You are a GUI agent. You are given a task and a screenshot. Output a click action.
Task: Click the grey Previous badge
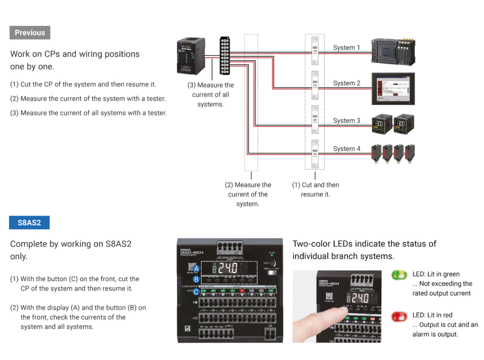point(30,33)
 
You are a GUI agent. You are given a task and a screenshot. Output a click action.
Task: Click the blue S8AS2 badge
point(29,223)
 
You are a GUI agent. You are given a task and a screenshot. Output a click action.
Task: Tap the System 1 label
point(346,48)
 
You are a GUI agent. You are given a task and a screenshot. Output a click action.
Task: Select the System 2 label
point(346,83)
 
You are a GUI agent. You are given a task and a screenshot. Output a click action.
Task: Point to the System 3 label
point(346,120)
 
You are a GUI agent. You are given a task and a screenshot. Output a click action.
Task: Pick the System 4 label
point(346,148)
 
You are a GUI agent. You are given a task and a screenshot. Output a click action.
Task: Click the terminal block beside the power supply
point(224,56)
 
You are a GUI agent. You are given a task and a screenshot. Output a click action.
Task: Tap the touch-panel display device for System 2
point(393,89)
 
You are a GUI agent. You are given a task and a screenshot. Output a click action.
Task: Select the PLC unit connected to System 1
point(393,52)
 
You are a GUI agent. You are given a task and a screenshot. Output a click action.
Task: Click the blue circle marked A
point(196,269)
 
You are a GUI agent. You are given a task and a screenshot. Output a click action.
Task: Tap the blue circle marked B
point(196,279)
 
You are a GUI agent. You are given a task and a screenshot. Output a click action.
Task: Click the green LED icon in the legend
point(400,275)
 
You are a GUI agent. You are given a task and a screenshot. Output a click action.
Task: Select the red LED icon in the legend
point(400,316)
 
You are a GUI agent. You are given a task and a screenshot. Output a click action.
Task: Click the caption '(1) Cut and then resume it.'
point(315,190)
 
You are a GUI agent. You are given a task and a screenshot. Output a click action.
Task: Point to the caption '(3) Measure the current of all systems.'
point(211,94)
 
